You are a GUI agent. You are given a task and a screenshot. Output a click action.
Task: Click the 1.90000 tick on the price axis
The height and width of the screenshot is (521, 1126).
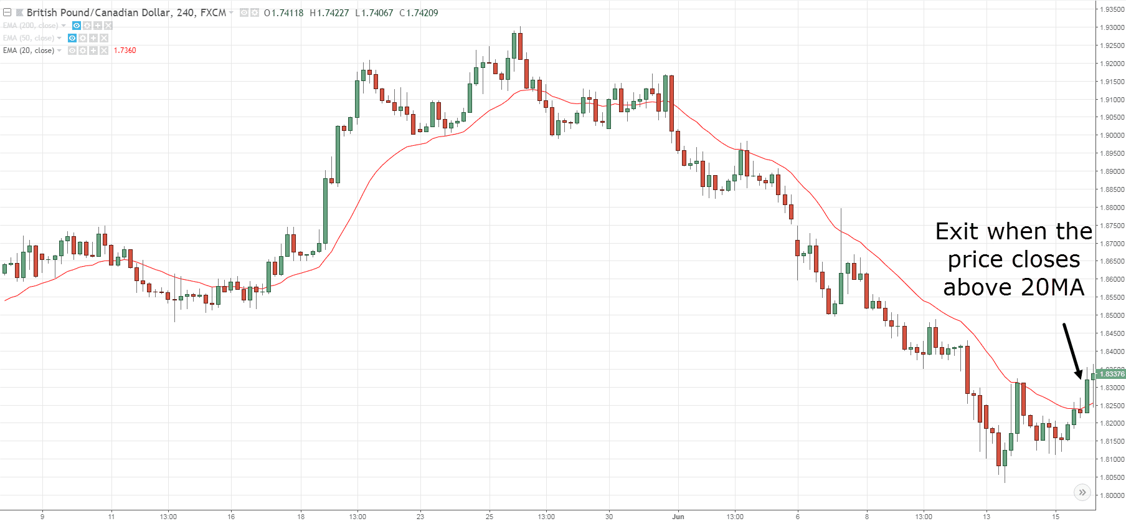(1112, 135)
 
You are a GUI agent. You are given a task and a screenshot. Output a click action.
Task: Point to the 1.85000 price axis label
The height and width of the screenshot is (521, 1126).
(1112, 315)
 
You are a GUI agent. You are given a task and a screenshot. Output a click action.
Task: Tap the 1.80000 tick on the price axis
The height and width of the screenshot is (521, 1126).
(1112, 495)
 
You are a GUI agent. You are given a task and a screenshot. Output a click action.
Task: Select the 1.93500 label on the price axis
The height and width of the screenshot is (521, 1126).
(1112, 9)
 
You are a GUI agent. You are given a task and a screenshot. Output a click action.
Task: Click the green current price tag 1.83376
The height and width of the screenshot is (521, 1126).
(1112, 374)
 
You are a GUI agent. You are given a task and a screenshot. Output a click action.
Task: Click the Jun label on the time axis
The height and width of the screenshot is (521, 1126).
(678, 516)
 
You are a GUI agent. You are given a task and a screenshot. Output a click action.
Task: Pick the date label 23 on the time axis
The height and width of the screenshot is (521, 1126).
(420, 516)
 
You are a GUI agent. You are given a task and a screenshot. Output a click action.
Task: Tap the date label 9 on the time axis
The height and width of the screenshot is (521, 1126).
(42, 516)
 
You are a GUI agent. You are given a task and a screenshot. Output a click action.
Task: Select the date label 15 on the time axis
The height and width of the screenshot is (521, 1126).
(1056, 516)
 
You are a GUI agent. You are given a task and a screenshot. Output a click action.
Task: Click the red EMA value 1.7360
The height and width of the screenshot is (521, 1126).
(125, 50)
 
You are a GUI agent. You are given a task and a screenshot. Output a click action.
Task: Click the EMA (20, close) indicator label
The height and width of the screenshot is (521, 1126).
(29, 50)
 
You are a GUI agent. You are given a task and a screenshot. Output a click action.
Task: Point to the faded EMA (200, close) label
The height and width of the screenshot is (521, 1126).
(31, 26)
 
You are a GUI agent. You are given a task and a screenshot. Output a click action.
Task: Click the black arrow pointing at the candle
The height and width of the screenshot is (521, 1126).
(1072, 350)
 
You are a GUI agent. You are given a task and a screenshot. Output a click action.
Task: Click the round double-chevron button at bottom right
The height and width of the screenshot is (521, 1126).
(1082, 492)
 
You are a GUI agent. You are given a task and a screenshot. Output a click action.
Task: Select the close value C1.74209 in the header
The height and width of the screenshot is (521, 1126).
(419, 12)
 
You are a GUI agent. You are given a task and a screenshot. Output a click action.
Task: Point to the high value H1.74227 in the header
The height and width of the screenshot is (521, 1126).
(329, 12)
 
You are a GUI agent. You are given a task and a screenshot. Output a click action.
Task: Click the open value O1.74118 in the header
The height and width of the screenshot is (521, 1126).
(283, 12)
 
